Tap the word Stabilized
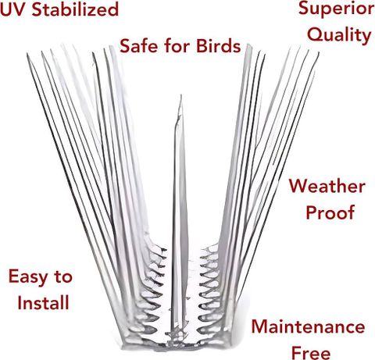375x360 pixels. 75,9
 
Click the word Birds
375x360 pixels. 218,46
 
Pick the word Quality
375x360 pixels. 339,35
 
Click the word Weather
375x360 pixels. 327,187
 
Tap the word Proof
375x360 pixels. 330,212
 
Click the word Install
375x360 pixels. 43,302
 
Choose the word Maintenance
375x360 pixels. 308,327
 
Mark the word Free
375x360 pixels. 311,353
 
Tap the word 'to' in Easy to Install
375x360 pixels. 63,277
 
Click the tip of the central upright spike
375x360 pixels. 180,95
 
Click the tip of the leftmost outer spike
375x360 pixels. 27,54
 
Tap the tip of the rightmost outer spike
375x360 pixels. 319,53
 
